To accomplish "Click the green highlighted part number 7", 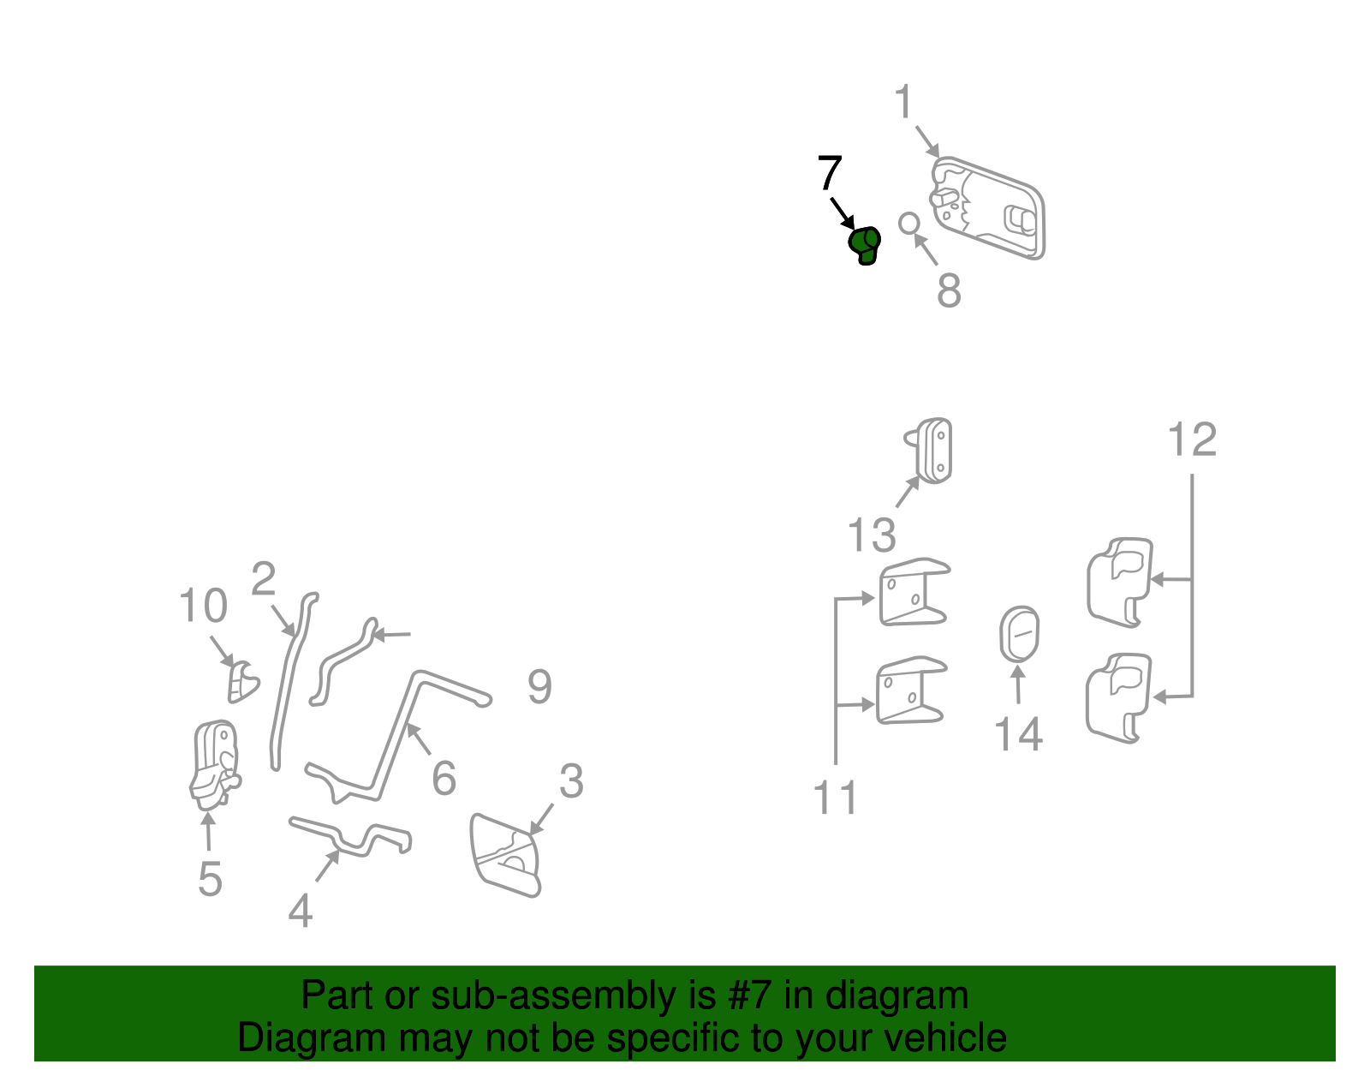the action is click(864, 245).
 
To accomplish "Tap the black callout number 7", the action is click(830, 172).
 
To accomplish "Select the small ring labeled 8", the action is click(909, 224).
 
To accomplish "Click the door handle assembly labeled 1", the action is click(988, 208).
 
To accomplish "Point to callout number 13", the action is click(872, 535).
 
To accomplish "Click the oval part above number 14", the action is click(1019, 634).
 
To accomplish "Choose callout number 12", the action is click(1192, 439).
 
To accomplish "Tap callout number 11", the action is click(835, 798).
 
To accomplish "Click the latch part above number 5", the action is click(216, 765).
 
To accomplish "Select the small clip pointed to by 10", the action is click(242, 682).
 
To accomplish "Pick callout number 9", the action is click(539, 687).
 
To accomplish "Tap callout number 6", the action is click(444, 778).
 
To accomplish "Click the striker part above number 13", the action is click(929, 451).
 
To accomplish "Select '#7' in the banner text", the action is click(749, 995).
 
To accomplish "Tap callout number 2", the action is click(263, 579).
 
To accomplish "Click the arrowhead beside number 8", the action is click(920, 240).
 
